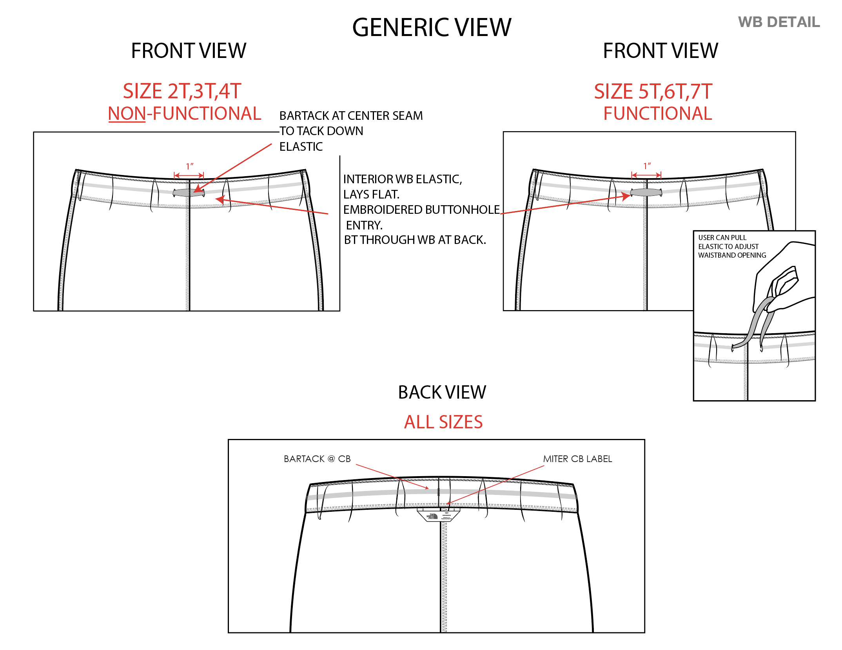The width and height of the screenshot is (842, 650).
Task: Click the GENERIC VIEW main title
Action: pos(432,28)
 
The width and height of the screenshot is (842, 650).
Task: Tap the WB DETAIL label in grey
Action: pos(778,22)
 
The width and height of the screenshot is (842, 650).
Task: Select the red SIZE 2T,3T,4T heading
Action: pos(182,91)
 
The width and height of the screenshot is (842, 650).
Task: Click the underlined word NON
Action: pos(127,114)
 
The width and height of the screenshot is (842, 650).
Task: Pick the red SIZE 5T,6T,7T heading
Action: pos(653,92)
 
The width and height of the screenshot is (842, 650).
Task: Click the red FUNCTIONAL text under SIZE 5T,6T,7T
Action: pos(657,114)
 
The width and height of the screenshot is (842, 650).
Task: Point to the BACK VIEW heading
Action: pos(442,392)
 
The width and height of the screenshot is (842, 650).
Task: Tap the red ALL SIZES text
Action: pos(443,422)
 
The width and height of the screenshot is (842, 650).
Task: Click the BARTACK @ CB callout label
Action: pos(317,459)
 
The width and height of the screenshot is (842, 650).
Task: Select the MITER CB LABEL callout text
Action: pos(577,459)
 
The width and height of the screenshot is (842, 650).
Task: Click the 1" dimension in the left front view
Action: pos(189,166)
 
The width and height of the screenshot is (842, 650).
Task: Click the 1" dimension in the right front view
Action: pos(647,166)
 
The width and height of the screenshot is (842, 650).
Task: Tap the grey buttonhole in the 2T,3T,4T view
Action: pos(189,193)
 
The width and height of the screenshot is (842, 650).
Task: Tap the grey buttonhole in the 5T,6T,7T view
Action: pos(646,192)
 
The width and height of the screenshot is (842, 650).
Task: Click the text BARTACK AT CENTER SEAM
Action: pos(351,116)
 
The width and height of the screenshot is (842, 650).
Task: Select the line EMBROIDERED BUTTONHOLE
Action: pos(421,210)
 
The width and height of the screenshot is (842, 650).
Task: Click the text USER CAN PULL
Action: pos(722,238)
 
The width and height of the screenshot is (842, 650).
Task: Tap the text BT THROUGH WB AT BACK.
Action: pos(415,240)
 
